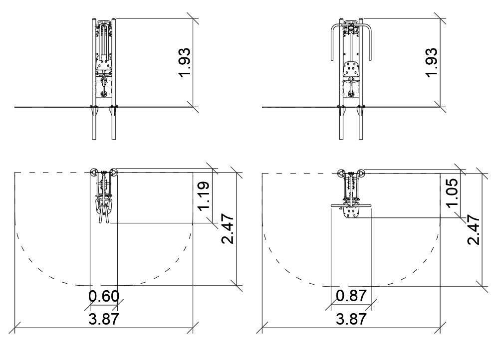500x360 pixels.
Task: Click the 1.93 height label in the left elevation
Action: coord(185,62)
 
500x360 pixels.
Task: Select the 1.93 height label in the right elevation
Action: coord(432,62)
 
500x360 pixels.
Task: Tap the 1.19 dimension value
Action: coord(204,196)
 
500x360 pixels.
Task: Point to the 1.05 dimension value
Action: coord(453,192)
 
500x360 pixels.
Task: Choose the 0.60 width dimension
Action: coord(104,296)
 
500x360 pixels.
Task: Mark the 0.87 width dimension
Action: coord(351,296)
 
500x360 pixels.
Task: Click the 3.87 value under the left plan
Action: coord(104,319)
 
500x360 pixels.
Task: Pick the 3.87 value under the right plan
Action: coord(351,319)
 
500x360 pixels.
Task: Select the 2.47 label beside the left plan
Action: coord(228,229)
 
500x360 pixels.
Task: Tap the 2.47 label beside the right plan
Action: coord(474,229)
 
